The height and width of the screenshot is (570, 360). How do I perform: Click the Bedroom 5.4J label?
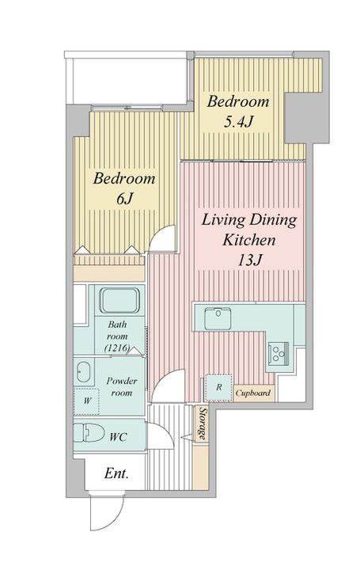pyautogui.click(x=238, y=112)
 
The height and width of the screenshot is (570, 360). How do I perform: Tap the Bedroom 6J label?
pyautogui.click(x=124, y=188)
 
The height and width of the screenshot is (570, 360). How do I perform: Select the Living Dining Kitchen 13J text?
pyautogui.click(x=249, y=240)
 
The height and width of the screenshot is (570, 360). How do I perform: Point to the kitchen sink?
pyautogui.click(x=218, y=318)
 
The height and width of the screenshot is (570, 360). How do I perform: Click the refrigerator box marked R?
pyautogui.click(x=218, y=387)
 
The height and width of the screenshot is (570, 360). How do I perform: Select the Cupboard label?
pyautogui.click(x=253, y=393)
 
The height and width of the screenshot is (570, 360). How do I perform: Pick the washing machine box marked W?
pyautogui.click(x=86, y=401)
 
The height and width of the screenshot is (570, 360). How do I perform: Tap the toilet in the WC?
pyautogui.click(x=89, y=433)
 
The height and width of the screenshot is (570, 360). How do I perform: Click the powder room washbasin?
pyautogui.click(x=83, y=372)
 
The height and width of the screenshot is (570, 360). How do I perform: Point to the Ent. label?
pyautogui.click(x=116, y=473)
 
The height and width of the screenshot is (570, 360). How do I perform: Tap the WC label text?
pyautogui.click(x=118, y=436)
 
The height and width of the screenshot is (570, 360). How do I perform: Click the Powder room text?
pyautogui.click(x=122, y=387)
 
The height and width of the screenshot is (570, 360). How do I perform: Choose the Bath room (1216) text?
pyautogui.click(x=117, y=336)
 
